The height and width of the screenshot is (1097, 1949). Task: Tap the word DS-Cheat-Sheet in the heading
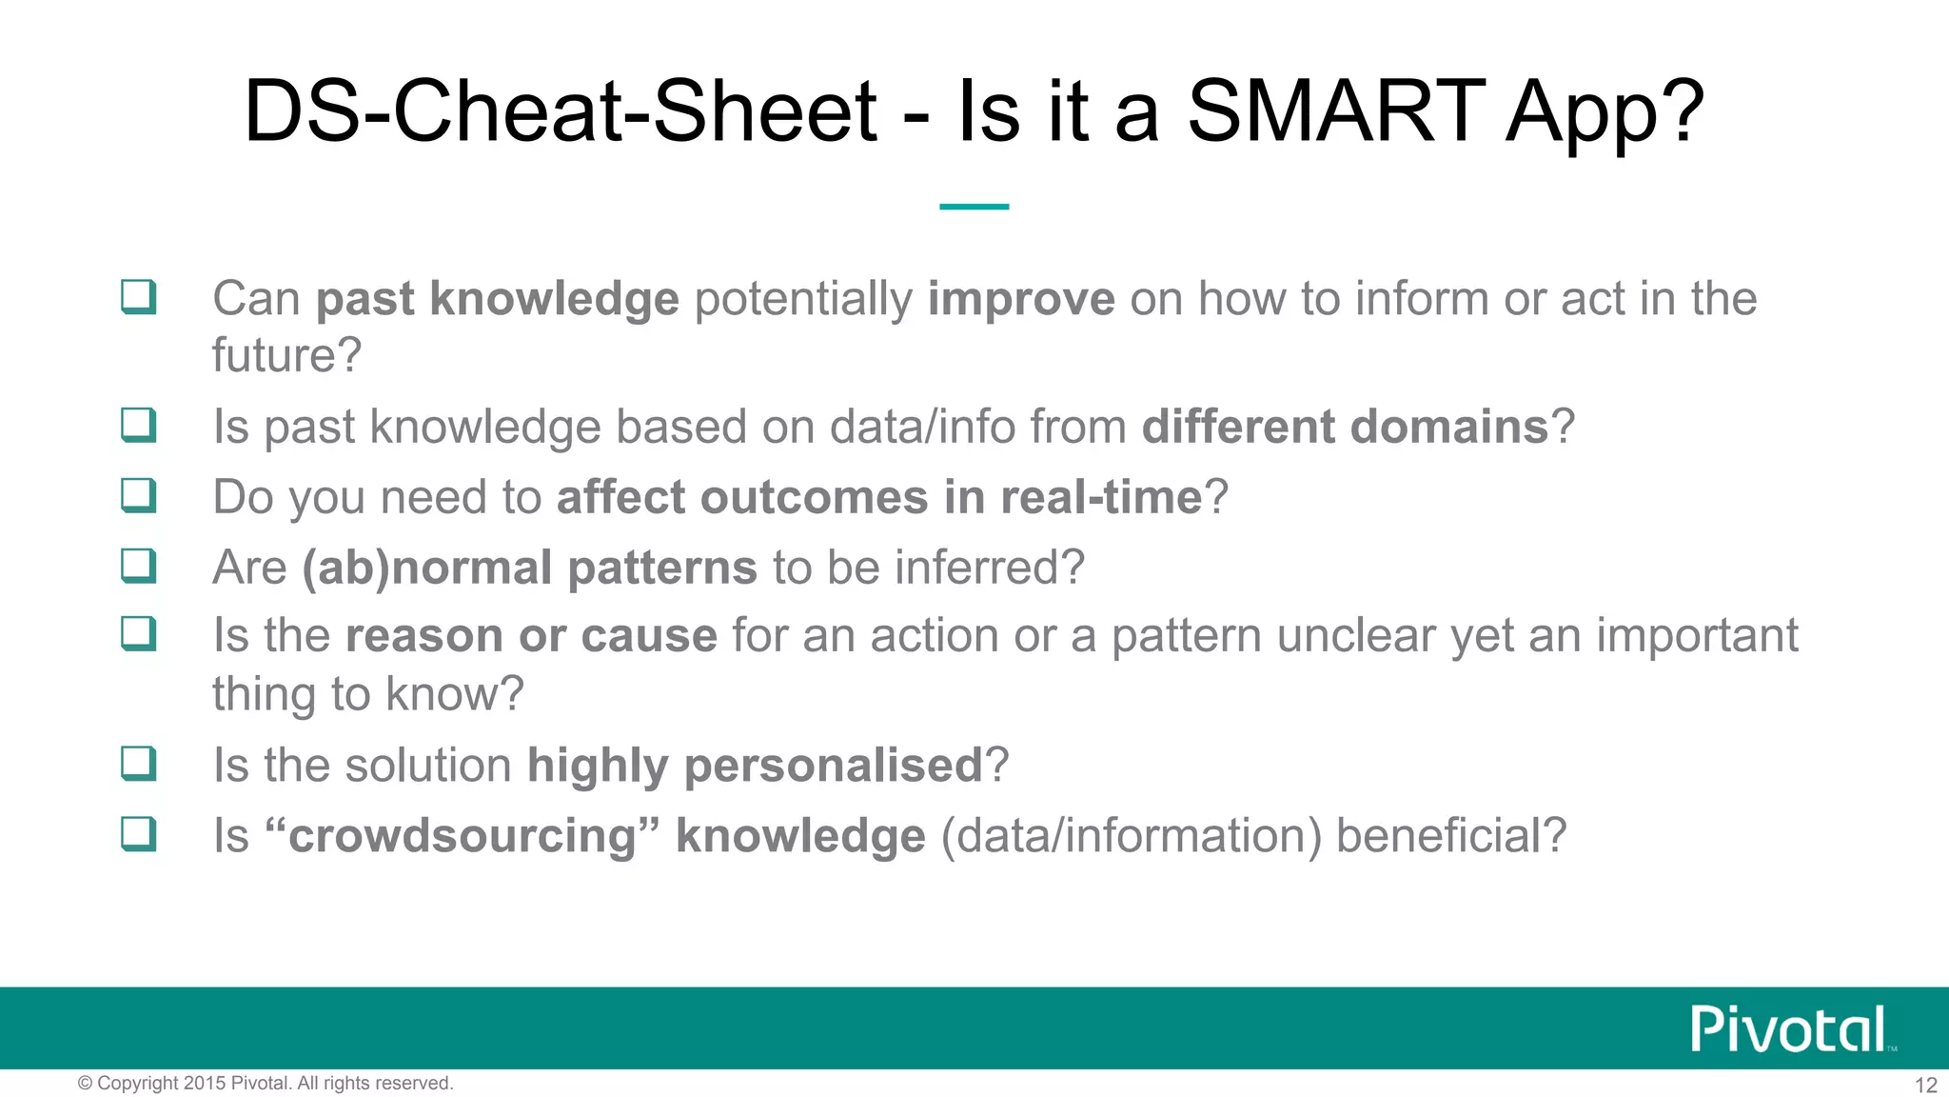coord(560,112)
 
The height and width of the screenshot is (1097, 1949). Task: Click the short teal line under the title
coord(974,206)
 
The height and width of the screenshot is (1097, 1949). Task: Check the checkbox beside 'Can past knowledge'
coord(139,297)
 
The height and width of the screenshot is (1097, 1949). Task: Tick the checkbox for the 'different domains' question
coord(139,425)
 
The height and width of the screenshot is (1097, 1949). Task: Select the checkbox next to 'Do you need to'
coord(139,495)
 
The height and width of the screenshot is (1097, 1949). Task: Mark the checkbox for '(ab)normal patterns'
coord(139,566)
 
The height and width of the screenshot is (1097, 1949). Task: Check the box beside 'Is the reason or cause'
coord(139,633)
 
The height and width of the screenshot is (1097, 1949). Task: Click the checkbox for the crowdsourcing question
coord(139,834)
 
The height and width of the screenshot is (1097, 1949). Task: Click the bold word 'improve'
coord(1021,299)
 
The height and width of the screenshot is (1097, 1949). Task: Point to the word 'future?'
coord(286,356)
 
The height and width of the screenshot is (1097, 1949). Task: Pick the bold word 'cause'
coord(649,636)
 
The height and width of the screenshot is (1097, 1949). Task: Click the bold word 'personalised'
coord(833,766)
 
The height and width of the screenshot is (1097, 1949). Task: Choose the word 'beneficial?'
coord(1450,836)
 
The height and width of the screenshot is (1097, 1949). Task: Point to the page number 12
coord(1925,1085)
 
